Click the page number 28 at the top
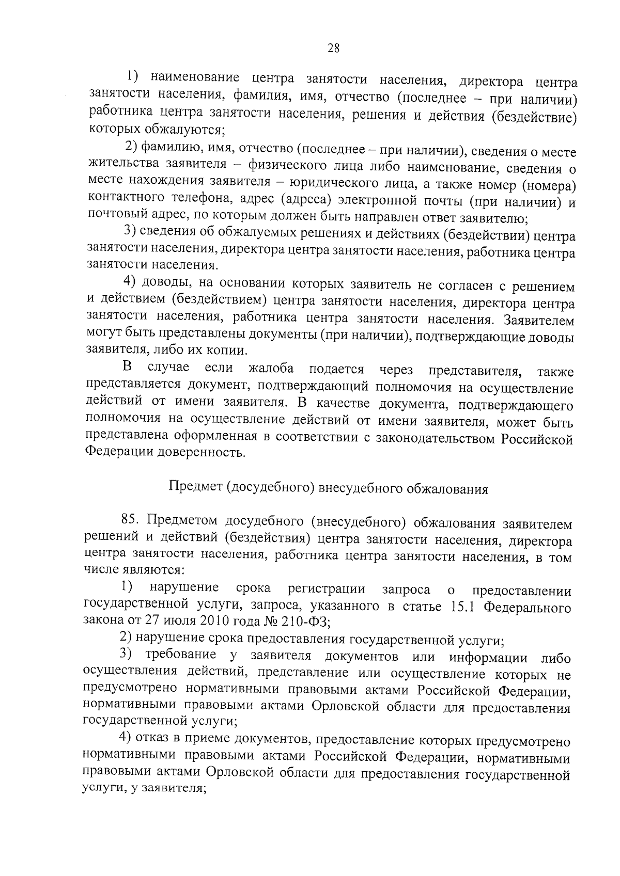pos(333,49)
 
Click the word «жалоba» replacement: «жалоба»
pos(271,369)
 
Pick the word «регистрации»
pos(327,590)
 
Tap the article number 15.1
pos(460,607)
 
